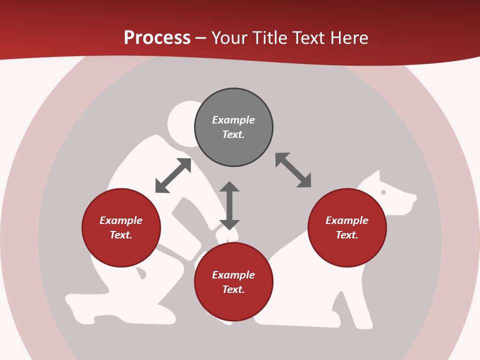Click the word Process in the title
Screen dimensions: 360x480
(157, 38)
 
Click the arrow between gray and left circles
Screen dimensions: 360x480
(173, 175)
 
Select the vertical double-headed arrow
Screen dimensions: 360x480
(229, 205)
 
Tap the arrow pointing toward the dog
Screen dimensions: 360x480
(293, 170)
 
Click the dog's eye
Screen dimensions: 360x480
(383, 192)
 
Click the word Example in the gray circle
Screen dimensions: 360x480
(233, 120)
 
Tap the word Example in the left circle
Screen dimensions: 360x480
(121, 220)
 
